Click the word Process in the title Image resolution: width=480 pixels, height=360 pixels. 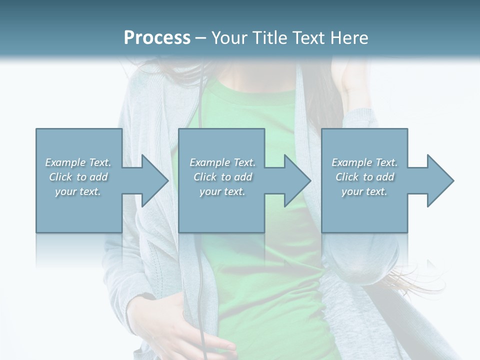coord(157,38)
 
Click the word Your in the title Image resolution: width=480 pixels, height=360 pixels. coord(227,38)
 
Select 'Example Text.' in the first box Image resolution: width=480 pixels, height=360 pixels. coord(78,162)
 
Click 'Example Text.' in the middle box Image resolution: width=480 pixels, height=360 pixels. coord(222,162)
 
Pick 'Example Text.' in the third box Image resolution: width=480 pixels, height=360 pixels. coord(364,162)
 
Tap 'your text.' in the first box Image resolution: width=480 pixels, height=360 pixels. coord(78,191)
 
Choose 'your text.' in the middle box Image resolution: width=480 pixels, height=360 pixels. coord(222,191)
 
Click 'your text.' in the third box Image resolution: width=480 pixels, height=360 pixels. coord(364,191)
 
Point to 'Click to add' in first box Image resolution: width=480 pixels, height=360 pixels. coord(78,177)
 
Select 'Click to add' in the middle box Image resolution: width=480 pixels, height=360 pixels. coord(222,177)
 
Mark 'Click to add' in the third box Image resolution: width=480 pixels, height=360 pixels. coord(364,177)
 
